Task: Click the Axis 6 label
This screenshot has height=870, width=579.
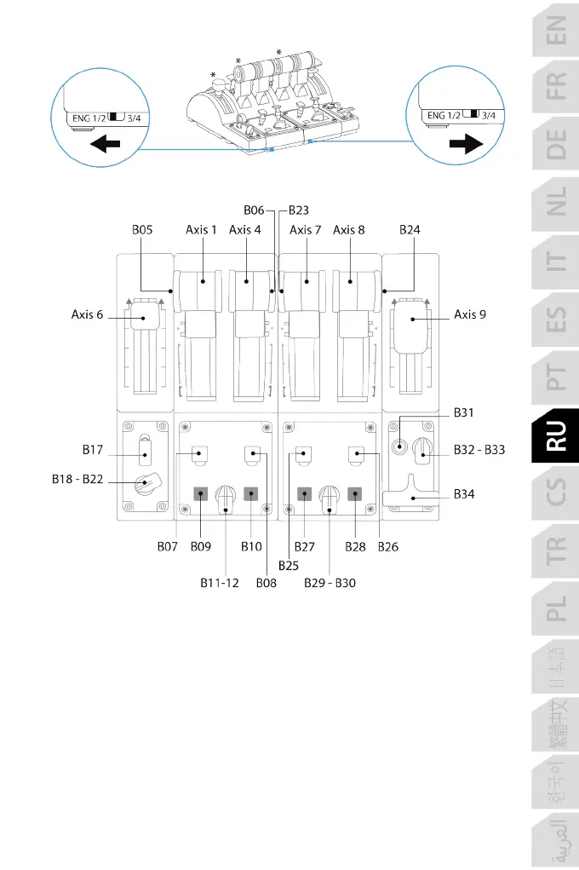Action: click(87, 314)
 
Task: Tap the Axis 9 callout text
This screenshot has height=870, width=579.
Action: click(471, 314)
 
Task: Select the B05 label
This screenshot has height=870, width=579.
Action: click(143, 229)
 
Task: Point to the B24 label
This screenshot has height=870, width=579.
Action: click(410, 229)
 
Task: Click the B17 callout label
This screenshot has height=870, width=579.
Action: click(93, 447)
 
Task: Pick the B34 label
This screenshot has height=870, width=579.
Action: click(466, 493)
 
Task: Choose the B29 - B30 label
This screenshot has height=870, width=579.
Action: click(330, 584)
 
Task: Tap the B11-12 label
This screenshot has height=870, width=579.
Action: click(220, 584)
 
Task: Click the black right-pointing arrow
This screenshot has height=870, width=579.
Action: click(465, 145)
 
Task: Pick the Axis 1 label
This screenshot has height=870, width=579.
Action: click(202, 229)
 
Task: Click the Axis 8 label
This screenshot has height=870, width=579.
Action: click(349, 229)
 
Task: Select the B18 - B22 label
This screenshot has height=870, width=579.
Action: click(77, 480)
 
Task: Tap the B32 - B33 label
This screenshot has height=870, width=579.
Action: click(479, 448)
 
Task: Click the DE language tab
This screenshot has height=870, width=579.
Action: click(555, 152)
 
